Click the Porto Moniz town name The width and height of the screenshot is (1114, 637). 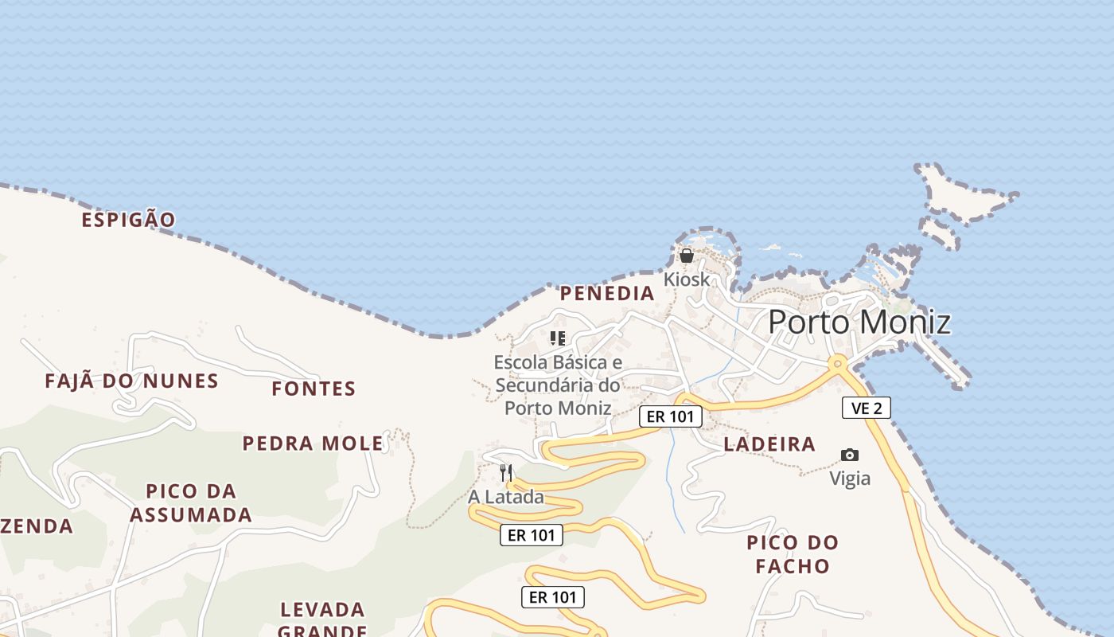point(859,322)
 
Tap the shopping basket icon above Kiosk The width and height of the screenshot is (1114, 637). point(686,256)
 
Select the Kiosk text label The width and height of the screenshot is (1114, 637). point(686,279)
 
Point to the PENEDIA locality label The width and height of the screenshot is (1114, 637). point(607,293)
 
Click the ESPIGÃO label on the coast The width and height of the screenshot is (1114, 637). point(128,220)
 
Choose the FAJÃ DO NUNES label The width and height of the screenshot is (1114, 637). point(131,381)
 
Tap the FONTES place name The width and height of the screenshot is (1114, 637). point(314,389)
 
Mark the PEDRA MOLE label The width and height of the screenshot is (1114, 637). point(313,444)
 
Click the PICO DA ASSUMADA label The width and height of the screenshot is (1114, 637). point(191,502)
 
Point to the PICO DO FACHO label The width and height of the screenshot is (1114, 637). point(793,554)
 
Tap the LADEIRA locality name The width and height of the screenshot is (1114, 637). point(769,444)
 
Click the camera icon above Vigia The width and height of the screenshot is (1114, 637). point(850,455)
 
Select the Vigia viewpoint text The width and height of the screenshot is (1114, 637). point(850,479)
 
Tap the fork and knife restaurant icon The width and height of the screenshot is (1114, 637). point(506,472)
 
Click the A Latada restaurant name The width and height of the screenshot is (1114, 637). point(506,497)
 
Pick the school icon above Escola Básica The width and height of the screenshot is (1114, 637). point(557,338)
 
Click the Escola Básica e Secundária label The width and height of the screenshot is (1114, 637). point(557,385)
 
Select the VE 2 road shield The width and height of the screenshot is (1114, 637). point(866,408)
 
